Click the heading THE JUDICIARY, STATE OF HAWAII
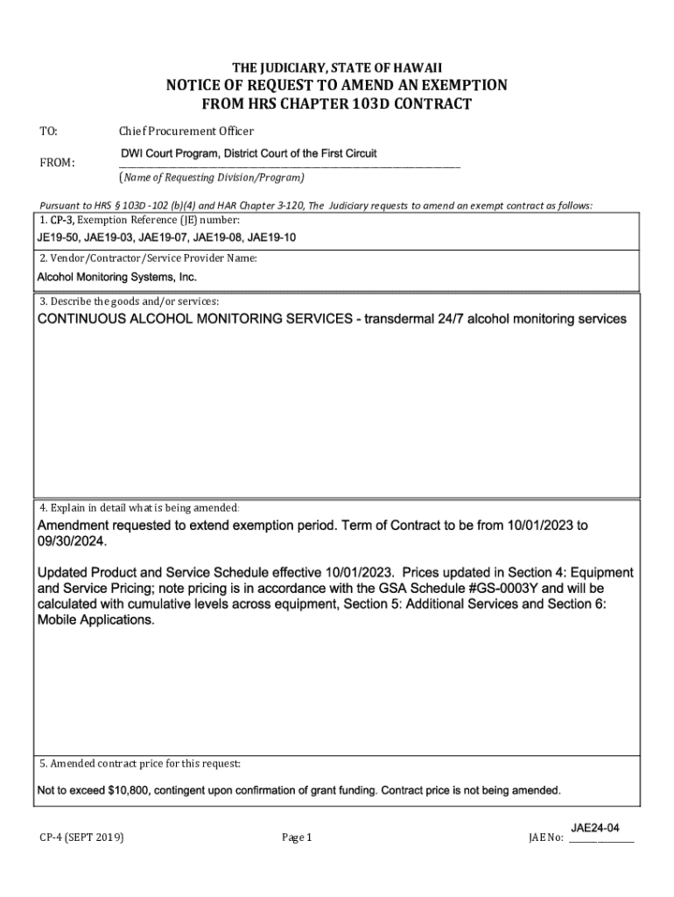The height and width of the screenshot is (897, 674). (337, 67)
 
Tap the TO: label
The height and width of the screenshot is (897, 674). (48, 131)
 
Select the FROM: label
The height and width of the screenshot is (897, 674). (57, 163)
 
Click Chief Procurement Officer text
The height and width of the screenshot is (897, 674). (186, 131)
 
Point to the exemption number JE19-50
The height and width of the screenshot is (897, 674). (57, 237)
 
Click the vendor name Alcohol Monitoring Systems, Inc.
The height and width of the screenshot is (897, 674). (116, 277)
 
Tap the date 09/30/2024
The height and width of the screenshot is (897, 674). (72, 542)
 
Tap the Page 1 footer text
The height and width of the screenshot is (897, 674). (297, 838)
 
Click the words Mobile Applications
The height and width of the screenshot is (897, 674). (96, 619)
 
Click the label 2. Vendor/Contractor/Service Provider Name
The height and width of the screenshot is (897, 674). (147, 258)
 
